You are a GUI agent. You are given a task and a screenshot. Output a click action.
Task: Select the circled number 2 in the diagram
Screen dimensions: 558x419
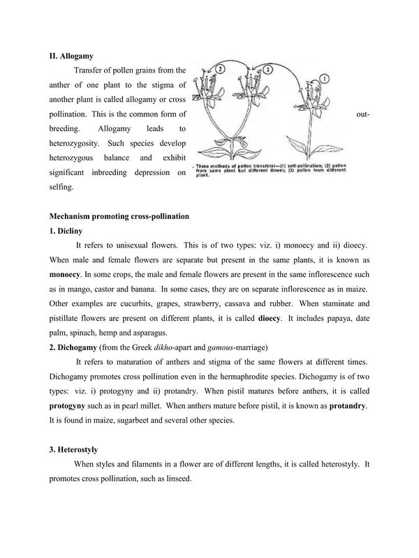point(221,70)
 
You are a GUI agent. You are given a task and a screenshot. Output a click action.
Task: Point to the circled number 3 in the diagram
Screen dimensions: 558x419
point(267,70)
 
